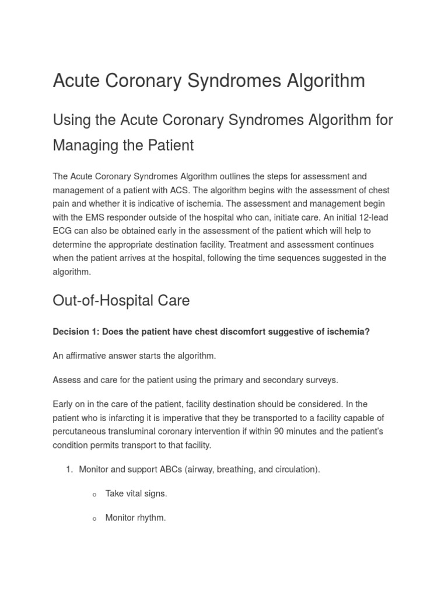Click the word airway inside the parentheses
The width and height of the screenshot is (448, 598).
tap(200, 469)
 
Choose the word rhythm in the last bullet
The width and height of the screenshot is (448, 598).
tap(151, 517)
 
